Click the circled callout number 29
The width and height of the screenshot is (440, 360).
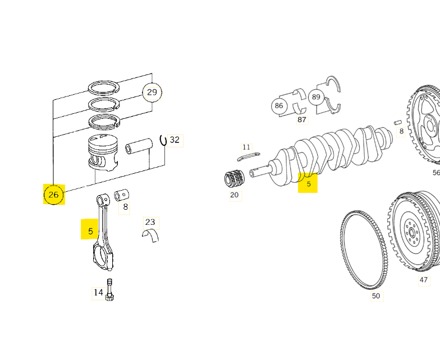(152, 92)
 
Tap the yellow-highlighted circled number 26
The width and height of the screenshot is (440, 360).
(54, 194)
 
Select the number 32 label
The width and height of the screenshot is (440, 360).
(175, 140)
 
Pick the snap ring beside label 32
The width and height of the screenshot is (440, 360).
(163, 141)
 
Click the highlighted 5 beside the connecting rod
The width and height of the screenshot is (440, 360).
(90, 231)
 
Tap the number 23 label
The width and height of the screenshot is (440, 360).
(150, 222)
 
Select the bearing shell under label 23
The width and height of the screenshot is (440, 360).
(151, 236)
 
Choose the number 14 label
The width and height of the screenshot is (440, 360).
(98, 293)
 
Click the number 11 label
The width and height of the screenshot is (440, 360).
(246, 147)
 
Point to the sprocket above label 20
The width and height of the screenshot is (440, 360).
(235, 178)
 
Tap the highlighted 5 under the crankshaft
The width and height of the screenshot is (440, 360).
(308, 184)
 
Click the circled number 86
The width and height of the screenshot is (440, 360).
(278, 105)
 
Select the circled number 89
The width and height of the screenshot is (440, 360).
(316, 97)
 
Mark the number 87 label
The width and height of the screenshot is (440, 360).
(302, 120)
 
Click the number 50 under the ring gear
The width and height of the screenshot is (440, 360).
(376, 296)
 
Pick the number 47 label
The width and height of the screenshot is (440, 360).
(424, 280)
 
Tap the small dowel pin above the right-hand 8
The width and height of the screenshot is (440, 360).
(398, 122)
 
